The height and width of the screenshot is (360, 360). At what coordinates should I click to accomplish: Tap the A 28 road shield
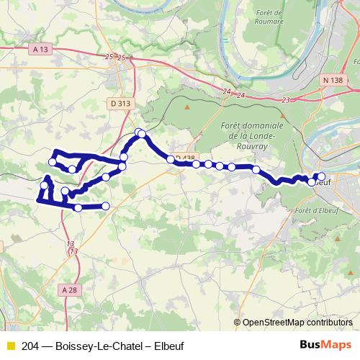[x=69, y=289]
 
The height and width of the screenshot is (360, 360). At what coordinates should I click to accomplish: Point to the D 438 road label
[x=184, y=158]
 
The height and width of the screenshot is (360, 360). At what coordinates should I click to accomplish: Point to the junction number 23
[x=287, y=99]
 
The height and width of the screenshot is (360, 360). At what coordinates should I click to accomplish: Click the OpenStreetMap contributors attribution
[x=297, y=323]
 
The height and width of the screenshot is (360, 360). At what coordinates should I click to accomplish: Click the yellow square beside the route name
[x=10, y=346]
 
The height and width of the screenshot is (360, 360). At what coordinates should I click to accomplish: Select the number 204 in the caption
[x=30, y=346]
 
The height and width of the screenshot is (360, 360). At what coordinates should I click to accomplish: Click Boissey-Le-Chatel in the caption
[x=94, y=346]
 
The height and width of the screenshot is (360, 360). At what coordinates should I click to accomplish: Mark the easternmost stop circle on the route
[x=321, y=176]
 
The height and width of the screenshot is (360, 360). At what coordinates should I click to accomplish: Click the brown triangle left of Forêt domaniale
[x=187, y=107]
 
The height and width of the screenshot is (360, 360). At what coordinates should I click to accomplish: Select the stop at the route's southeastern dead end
[x=106, y=207]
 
